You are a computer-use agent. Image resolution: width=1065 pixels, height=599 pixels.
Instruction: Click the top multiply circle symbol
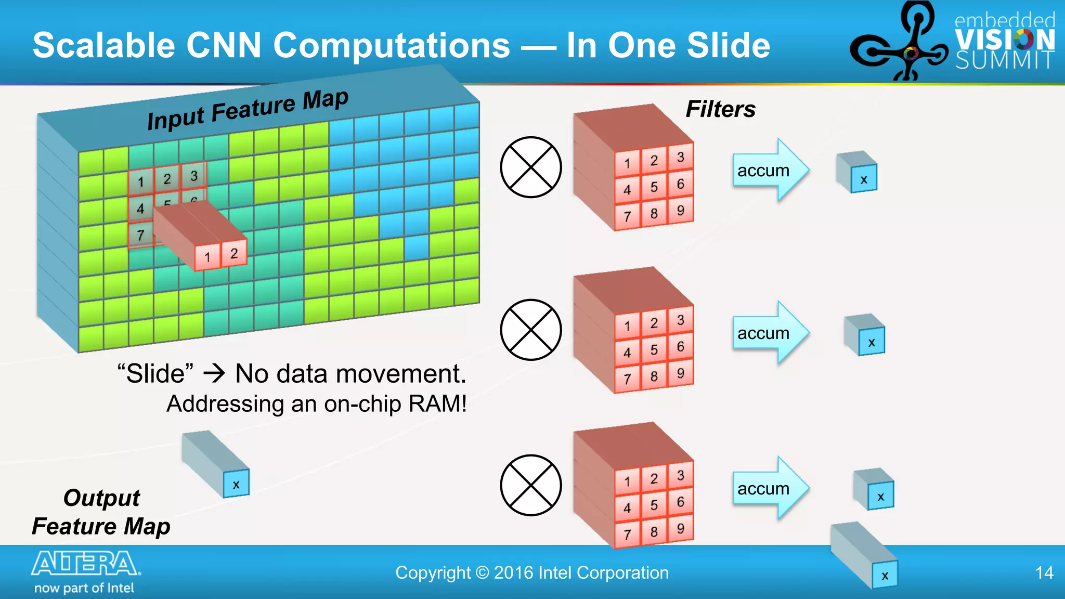531,167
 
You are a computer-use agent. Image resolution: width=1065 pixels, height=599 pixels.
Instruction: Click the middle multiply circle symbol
531,330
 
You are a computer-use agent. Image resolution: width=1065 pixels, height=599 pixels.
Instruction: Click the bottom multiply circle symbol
531,485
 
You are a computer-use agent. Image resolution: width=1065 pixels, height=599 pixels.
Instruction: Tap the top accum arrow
770,171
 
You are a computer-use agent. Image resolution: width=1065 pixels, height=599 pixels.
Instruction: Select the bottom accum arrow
770,489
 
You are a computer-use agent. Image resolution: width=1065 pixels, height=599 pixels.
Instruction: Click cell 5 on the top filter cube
654,187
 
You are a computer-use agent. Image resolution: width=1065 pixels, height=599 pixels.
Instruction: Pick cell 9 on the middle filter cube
681,373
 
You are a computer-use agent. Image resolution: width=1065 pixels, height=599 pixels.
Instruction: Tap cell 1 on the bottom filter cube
627,481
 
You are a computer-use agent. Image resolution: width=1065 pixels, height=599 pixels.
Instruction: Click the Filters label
720,109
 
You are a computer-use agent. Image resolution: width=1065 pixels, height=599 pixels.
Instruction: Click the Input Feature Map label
248,110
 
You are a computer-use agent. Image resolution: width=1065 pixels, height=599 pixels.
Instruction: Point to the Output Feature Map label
101,512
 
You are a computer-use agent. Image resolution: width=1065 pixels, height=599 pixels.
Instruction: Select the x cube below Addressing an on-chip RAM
236,485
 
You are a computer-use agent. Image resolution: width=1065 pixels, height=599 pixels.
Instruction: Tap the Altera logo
85,564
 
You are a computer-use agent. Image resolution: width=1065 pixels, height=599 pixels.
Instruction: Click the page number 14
1044,573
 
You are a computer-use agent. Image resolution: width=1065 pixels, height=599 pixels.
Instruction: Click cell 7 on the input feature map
140,235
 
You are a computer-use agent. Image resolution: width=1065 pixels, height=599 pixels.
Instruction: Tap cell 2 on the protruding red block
234,254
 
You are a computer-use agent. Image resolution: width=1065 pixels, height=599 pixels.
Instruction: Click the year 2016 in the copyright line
514,573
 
